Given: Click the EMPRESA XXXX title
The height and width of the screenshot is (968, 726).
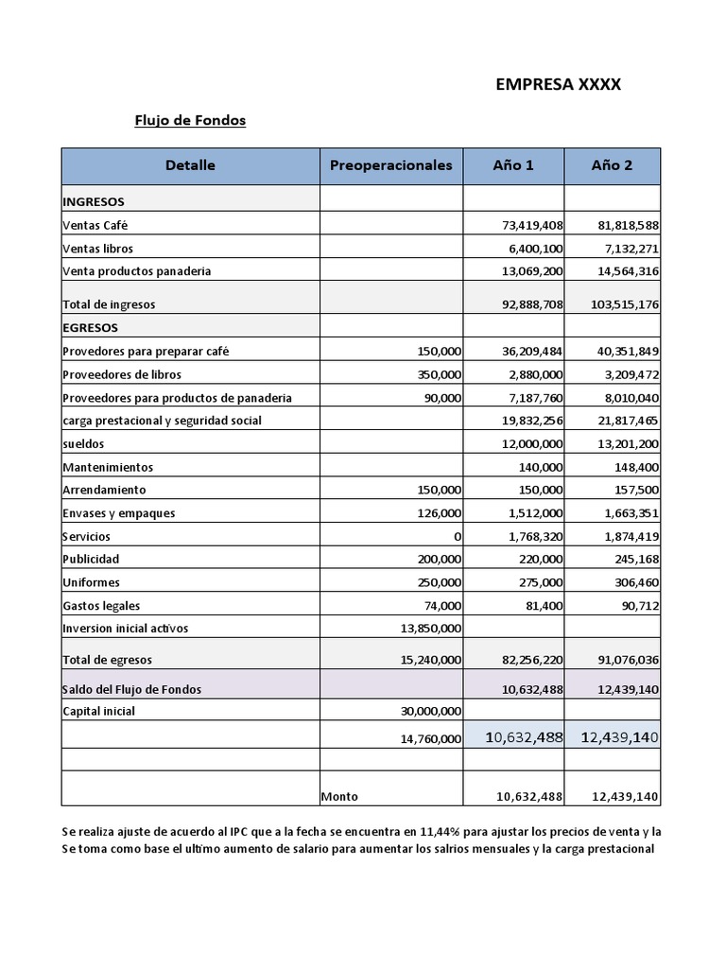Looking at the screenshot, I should click(x=558, y=84).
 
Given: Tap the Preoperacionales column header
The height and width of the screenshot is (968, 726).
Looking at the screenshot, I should click(x=390, y=165).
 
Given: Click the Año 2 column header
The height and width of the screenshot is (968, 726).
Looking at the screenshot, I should click(x=612, y=165).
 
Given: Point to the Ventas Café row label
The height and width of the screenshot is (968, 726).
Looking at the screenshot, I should click(x=95, y=226).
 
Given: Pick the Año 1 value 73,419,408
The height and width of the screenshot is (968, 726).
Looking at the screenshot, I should click(x=532, y=226).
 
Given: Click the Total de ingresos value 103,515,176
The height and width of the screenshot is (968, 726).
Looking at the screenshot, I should click(x=625, y=304).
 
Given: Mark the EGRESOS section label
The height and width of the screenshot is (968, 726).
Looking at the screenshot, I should click(x=91, y=328).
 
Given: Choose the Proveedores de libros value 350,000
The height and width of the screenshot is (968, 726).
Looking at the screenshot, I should click(x=439, y=374).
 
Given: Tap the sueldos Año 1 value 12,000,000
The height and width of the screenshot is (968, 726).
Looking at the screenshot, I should click(x=531, y=443).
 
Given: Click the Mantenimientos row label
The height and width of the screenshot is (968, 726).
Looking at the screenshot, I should click(x=108, y=467).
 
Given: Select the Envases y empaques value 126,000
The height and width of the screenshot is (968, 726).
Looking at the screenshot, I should click(x=439, y=513).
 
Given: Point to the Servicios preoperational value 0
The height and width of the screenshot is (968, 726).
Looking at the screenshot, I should click(x=457, y=536).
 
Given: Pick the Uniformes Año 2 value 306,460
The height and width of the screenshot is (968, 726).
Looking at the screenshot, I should click(x=631, y=582).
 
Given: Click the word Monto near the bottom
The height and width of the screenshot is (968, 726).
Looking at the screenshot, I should click(x=339, y=797).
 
